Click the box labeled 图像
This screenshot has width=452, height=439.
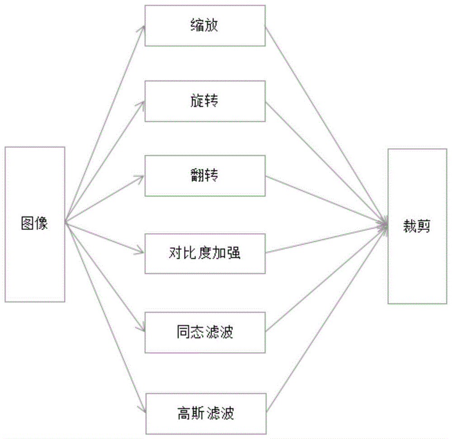pos(35,224)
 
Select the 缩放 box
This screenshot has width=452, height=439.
pos(205,26)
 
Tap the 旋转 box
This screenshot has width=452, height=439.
pos(205,101)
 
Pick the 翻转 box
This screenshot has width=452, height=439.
pos(205,176)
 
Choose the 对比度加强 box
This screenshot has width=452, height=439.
pos(205,253)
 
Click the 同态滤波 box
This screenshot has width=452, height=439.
pos(205,333)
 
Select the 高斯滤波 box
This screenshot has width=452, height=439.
pos(205,413)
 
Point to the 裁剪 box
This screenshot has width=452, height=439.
pos(417,226)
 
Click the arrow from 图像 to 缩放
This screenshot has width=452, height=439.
pos(105,123)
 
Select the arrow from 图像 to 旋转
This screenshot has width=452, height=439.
pos(105,161)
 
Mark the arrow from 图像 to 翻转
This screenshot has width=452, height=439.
pos(105,199)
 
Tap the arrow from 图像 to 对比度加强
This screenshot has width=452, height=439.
pos(105,237)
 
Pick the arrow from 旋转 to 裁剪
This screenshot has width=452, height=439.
pos(326,163)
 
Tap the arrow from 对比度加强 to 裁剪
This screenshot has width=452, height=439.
pos(326,238)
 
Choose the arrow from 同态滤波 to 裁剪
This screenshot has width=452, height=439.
pos(326,278)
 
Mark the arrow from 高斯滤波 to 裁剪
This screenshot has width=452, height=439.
pos(326,318)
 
